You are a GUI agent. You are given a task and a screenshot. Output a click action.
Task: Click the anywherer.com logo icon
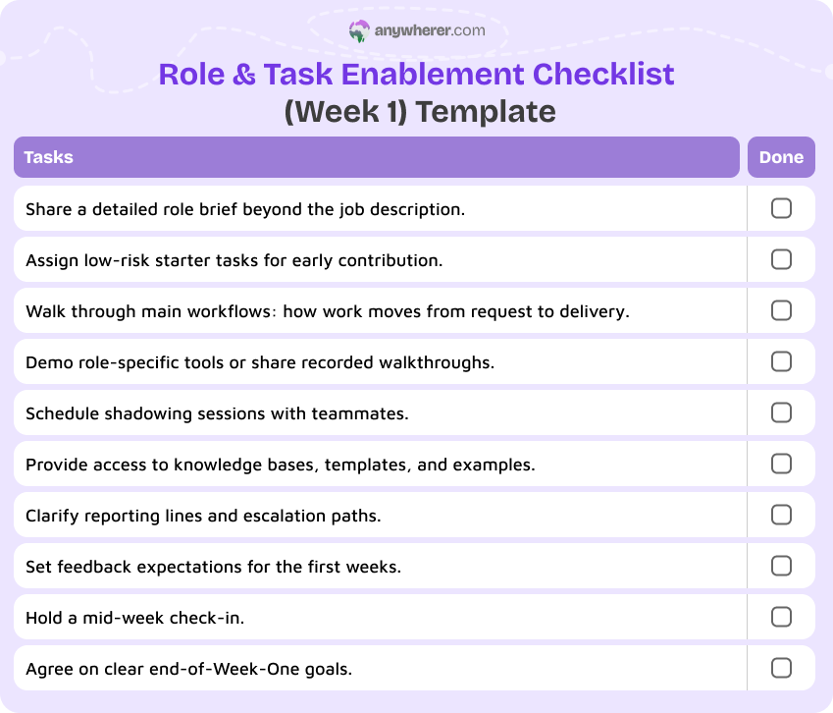click(x=359, y=31)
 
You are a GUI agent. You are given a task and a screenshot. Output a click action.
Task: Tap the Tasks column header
click(x=48, y=157)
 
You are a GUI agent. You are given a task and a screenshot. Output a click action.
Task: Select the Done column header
click(x=781, y=157)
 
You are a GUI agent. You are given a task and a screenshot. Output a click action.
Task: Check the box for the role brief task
click(x=781, y=208)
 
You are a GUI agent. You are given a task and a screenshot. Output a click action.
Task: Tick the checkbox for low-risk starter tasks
click(x=781, y=259)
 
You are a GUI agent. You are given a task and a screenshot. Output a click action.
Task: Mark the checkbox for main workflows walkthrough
click(x=781, y=310)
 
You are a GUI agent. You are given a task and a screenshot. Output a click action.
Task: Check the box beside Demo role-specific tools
click(x=781, y=361)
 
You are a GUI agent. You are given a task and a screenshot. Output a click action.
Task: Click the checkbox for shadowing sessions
click(x=781, y=412)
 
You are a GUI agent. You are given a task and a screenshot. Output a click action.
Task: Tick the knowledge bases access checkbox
click(x=781, y=464)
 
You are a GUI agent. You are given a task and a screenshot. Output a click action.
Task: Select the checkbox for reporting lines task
click(x=781, y=515)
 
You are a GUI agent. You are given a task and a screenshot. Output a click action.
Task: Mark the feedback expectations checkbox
click(x=781, y=566)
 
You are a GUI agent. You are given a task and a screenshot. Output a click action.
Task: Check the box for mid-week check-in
click(x=781, y=617)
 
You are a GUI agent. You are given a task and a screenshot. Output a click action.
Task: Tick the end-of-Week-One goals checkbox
click(x=781, y=668)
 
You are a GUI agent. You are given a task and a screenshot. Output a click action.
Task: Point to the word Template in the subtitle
click(x=485, y=111)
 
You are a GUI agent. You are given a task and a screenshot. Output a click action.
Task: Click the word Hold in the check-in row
click(x=43, y=618)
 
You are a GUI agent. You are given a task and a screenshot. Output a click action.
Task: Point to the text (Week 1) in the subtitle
click(x=344, y=111)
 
